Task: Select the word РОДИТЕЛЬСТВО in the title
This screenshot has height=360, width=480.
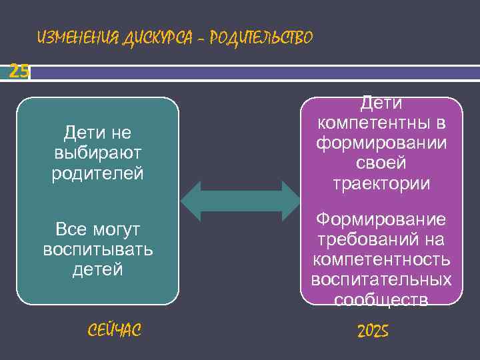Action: click(x=260, y=39)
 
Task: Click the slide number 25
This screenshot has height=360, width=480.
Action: click(x=19, y=71)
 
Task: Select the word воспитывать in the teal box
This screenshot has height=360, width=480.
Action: click(x=97, y=250)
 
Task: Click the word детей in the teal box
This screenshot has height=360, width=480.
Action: click(x=97, y=269)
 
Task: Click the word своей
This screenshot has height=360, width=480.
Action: click(x=381, y=163)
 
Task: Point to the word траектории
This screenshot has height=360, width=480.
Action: click(x=381, y=183)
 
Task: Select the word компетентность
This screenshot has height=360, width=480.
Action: click(x=381, y=260)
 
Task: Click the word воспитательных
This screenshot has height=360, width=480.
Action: click(x=381, y=280)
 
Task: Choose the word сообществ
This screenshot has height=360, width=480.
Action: click(x=381, y=300)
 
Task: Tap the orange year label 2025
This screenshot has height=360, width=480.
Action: click(x=373, y=331)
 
